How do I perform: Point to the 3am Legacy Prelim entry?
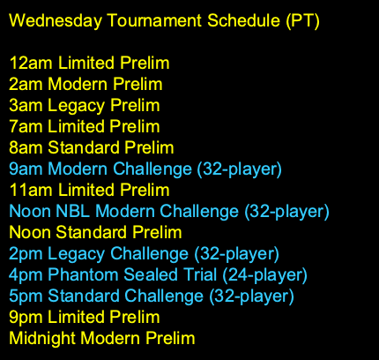tap(84, 105)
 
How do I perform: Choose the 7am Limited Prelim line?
tap(84, 126)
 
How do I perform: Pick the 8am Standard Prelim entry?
tap(91, 147)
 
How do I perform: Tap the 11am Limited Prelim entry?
tap(89, 190)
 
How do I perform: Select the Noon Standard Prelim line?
tap(95, 232)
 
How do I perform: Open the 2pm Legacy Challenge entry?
tap(144, 253)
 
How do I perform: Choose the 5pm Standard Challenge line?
tap(151, 296)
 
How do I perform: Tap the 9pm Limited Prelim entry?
tap(85, 317)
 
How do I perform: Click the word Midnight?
tap(39, 338)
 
